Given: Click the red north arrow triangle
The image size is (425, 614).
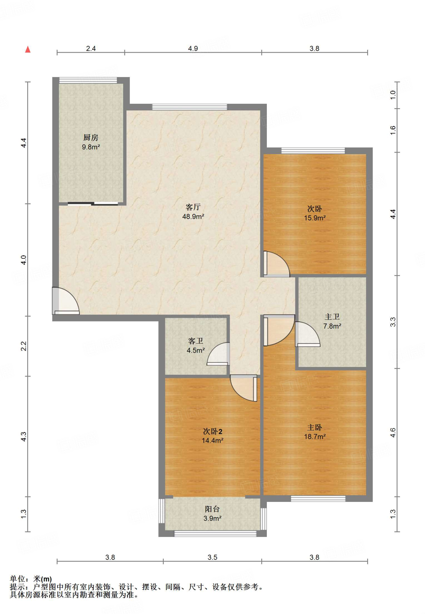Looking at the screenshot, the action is click(28, 49).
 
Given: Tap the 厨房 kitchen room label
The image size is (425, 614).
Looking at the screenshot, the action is click(91, 138).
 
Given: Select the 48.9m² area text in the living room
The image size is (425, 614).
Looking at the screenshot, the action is click(193, 216).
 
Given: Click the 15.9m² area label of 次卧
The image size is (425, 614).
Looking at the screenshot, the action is click(315, 218).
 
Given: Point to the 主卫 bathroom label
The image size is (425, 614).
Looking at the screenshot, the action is click(332, 317).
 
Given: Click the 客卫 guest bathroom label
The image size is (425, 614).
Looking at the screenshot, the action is click(196, 341).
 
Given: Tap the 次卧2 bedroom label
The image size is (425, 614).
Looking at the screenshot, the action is click(213, 431).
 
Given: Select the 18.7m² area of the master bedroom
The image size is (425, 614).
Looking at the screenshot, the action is click(315, 437).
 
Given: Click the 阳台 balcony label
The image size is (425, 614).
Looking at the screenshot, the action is click(212, 509).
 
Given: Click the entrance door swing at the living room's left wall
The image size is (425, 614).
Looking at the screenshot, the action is click(66, 301).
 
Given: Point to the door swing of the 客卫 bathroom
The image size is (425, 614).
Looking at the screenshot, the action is click(218, 354).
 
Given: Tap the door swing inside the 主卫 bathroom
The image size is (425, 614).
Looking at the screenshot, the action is click(308, 334).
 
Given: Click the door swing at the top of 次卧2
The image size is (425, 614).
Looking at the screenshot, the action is click(243, 388).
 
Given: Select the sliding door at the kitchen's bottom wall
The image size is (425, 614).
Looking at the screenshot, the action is click(93, 204).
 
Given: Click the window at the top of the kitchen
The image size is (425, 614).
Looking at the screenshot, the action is click(88, 80).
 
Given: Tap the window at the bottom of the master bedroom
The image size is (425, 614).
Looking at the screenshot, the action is click(318, 499).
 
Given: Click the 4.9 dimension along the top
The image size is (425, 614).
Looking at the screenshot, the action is click(193, 48).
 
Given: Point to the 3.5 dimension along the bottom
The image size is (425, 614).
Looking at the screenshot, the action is click(212, 557).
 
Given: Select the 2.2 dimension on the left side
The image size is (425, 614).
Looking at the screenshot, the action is click(24, 346).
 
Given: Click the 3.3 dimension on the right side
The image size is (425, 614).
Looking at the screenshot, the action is click(393, 322).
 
